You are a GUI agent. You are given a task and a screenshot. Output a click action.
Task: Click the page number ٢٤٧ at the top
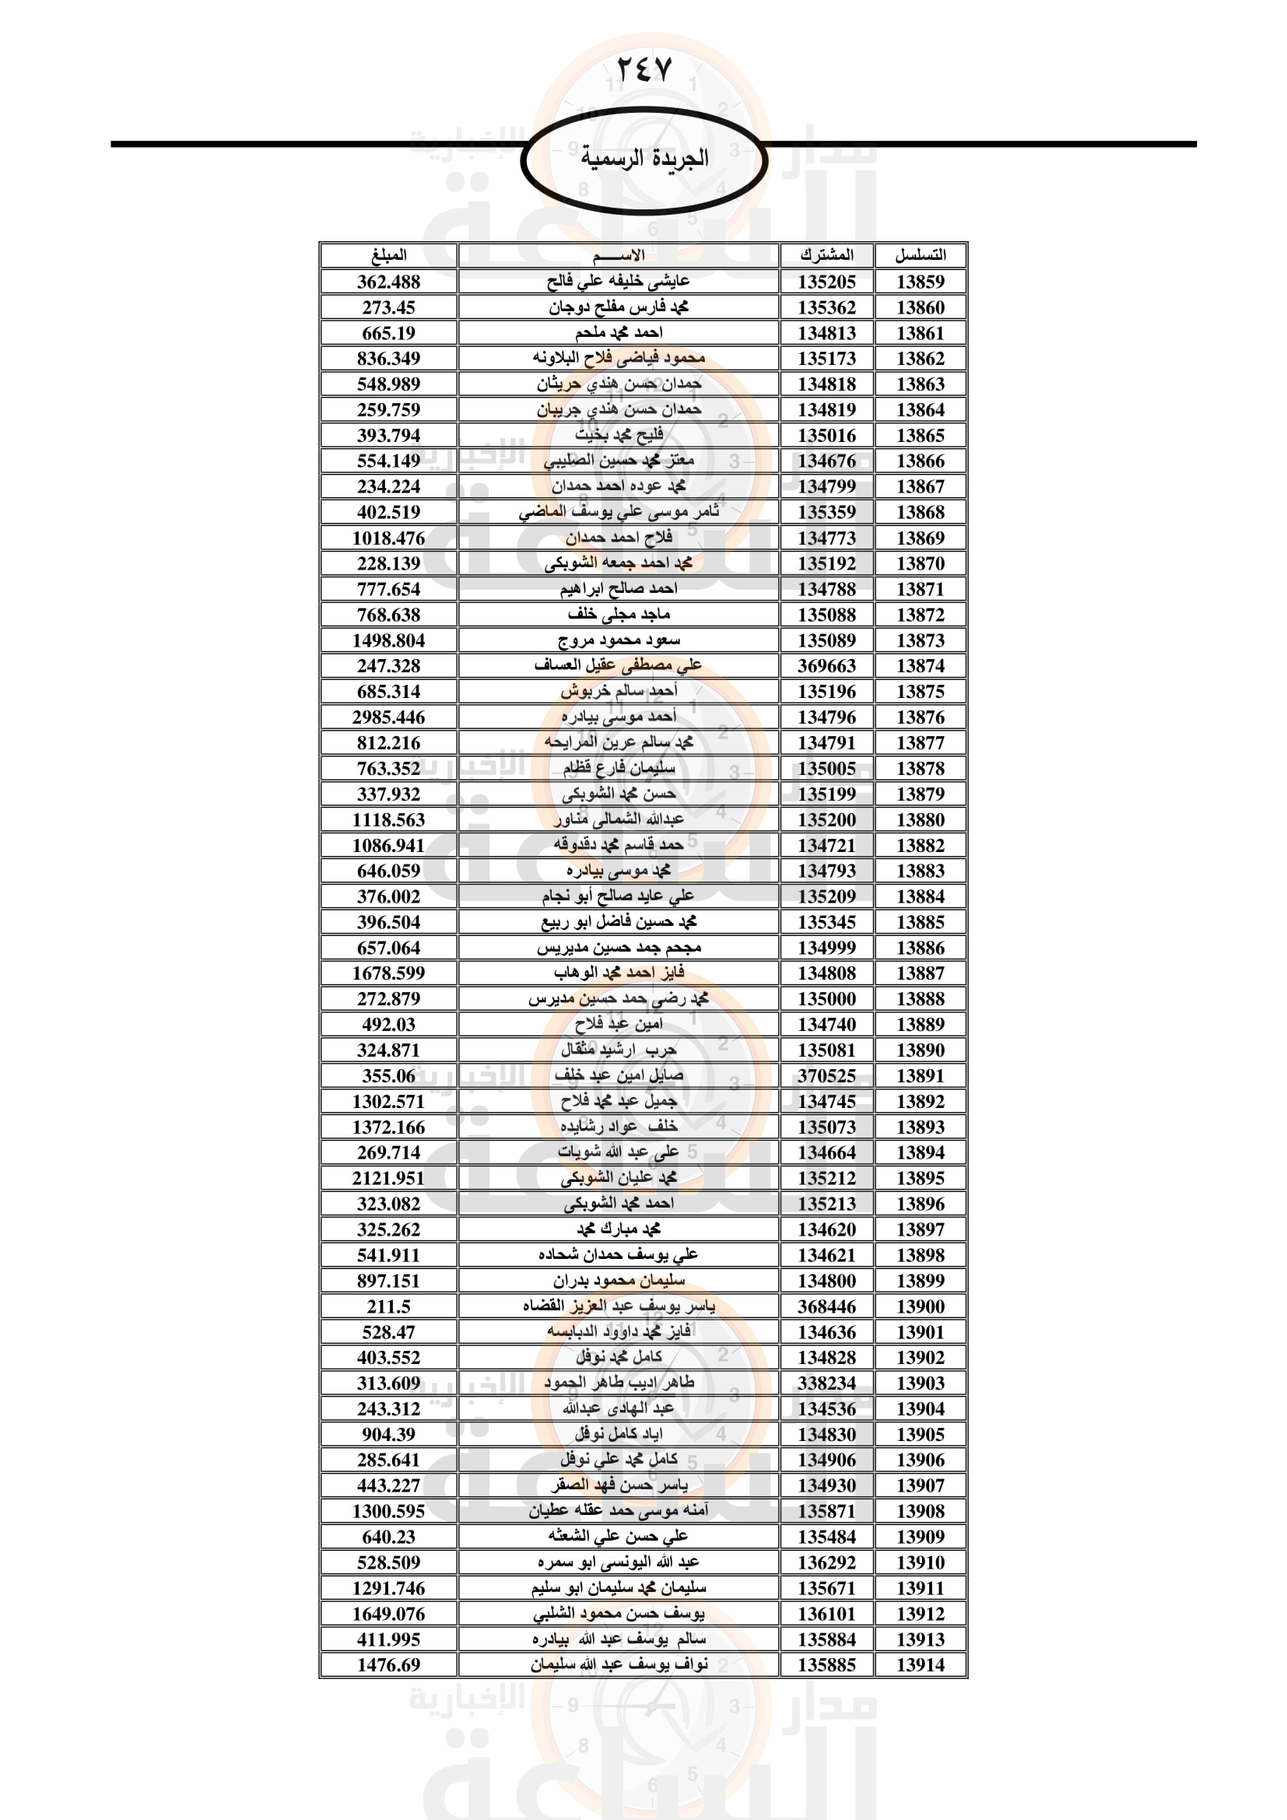point(643,69)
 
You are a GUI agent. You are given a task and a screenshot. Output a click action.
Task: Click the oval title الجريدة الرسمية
point(643,159)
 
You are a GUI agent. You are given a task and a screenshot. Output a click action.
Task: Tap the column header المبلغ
point(388,255)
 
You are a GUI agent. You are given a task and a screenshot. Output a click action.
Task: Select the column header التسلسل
point(920,255)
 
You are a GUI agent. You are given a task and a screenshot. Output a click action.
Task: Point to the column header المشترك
point(826,255)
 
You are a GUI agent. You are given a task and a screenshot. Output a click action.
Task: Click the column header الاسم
point(618,255)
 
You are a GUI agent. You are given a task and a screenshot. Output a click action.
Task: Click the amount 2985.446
point(388,717)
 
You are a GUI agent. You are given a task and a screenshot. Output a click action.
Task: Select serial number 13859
point(920,282)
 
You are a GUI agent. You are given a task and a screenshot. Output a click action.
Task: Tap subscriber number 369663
point(826,666)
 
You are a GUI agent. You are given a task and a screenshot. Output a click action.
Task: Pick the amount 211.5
point(388,1306)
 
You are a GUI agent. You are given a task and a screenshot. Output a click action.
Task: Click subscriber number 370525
point(826,1075)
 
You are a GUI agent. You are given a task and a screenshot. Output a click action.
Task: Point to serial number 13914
point(920,1664)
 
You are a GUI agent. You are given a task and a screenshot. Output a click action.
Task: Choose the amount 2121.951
point(388,1178)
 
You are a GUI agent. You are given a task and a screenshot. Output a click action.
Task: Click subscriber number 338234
point(826,1383)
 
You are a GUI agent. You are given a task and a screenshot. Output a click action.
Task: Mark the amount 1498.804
point(388,640)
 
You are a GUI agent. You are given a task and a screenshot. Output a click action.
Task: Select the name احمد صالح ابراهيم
point(618,589)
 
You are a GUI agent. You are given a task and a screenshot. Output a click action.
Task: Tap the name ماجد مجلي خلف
point(618,615)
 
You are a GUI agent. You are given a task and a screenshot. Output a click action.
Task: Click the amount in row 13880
point(388,819)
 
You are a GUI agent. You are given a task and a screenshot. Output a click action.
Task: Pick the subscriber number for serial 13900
point(826,1306)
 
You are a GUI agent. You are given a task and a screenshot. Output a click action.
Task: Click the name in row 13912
point(618,1613)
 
